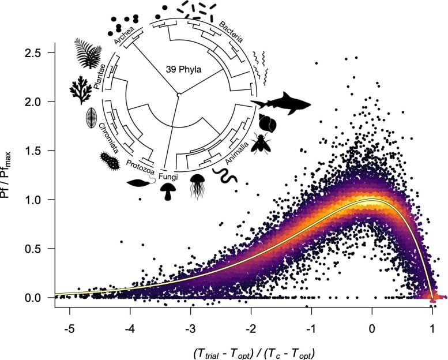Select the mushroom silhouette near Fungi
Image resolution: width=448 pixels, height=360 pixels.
(x=168, y=191)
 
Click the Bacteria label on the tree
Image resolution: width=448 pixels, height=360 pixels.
(x=230, y=32)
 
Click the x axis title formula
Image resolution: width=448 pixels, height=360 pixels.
(x=250, y=350)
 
